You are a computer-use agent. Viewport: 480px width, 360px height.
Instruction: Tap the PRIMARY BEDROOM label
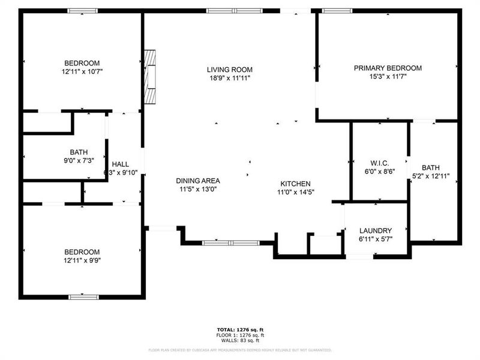(x=387, y=68)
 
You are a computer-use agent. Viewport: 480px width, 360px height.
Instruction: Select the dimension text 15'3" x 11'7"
(x=387, y=77)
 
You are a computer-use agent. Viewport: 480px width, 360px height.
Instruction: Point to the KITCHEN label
(x=295, y=184)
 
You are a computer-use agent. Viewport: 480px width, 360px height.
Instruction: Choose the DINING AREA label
(x=197, y=181)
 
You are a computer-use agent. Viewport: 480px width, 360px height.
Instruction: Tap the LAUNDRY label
(x=376, y=230)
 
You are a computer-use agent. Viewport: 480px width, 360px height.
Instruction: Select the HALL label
(x=121, y=164)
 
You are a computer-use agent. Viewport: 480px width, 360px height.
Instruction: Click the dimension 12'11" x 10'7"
(x=82, y=71)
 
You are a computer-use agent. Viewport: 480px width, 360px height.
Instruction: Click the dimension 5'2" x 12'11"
(x=430, y=176)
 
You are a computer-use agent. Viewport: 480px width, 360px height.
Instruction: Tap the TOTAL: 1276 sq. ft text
(x=240, y=330)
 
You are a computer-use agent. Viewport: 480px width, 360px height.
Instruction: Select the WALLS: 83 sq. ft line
(x=240, y=340)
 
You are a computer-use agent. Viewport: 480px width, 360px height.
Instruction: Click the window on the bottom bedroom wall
(x=83, y=296)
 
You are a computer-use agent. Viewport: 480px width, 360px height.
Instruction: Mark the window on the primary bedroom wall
(x=337, y=10)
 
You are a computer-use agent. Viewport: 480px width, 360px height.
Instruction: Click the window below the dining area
(x=230, y=243)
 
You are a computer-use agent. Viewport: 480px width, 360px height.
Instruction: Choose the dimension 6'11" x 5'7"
(x=376, y=239)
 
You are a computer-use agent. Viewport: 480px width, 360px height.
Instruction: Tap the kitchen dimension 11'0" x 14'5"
(x=295, y=192)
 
